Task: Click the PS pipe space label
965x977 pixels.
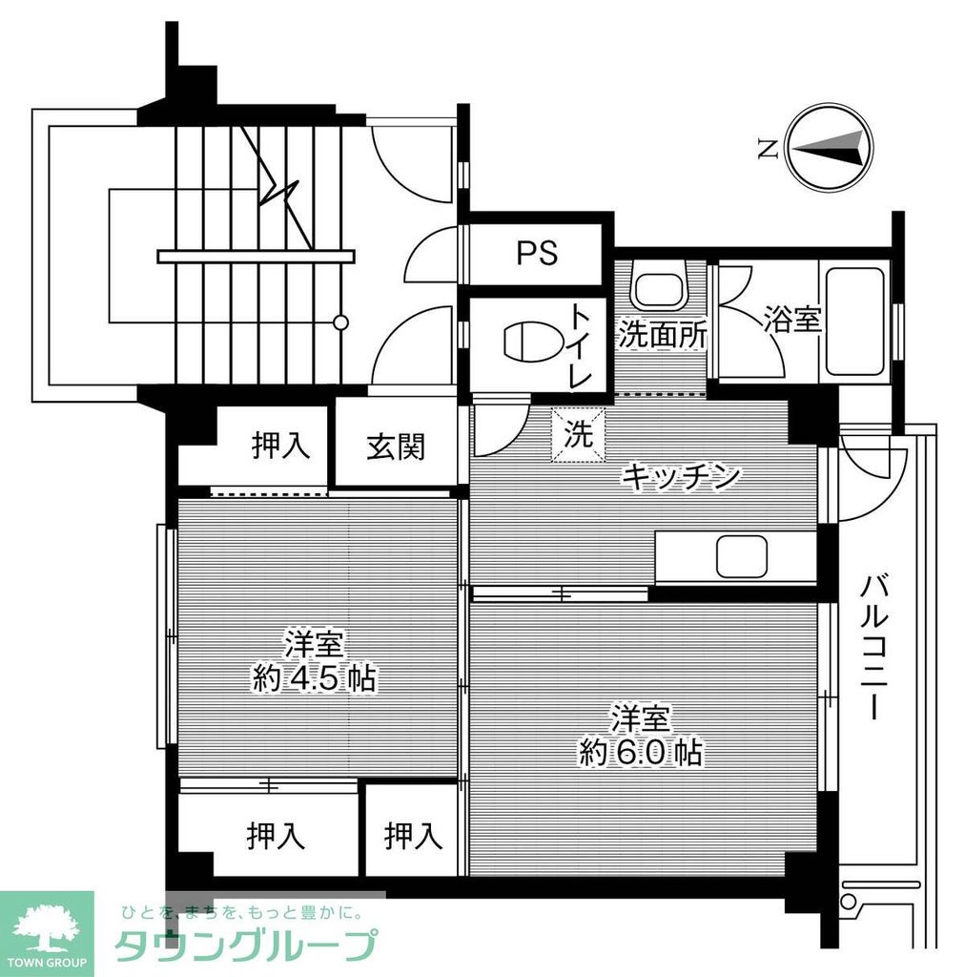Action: [x=537, y=253]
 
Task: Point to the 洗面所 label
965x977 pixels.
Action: [x=663, y=335]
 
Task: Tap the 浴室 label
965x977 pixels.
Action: [x=791, y=321]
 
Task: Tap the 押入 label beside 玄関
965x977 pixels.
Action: [x=281, y=446]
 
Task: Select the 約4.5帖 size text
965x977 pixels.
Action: [x=313, y=679]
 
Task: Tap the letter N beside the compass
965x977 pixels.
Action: [x=765, y=149]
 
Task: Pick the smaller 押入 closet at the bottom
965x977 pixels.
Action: [x=414, y=837]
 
